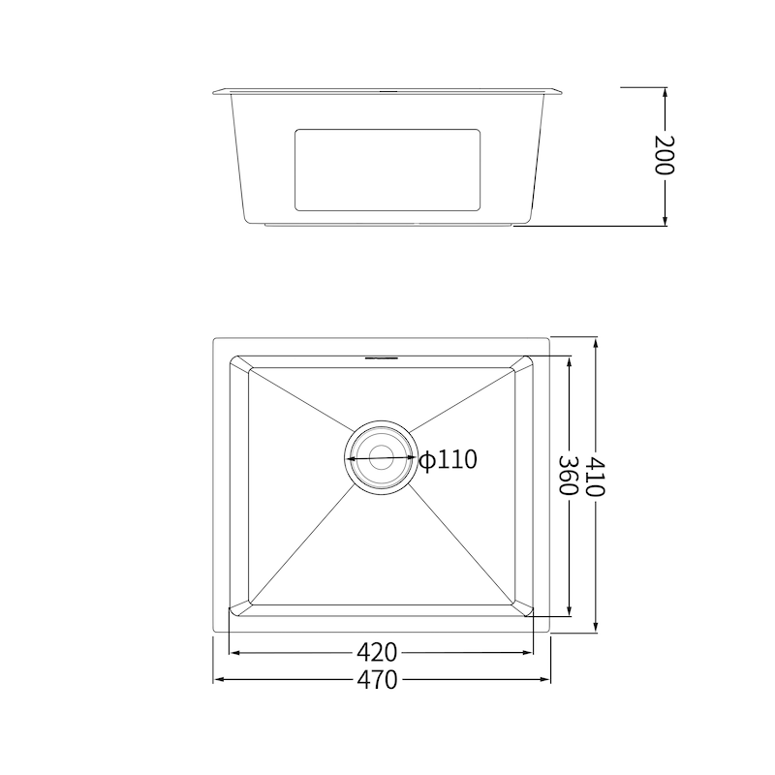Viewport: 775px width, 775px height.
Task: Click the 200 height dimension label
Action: coord(664,155)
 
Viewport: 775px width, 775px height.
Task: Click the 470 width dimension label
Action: coord(377,680)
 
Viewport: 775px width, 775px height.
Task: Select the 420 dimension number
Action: coord(377,652)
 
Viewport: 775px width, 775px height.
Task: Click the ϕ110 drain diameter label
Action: coord(449,459)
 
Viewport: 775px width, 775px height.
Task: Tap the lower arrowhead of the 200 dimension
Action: coord(665,221)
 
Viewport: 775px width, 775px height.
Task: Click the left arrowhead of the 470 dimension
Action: coord(218,680)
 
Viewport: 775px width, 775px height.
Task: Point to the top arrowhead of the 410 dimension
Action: coord(595,342)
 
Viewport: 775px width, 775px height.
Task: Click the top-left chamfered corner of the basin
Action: coord(240,364)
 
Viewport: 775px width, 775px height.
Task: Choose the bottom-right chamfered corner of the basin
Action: coord(523,606)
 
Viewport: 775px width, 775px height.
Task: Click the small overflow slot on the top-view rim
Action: coord(381,356)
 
